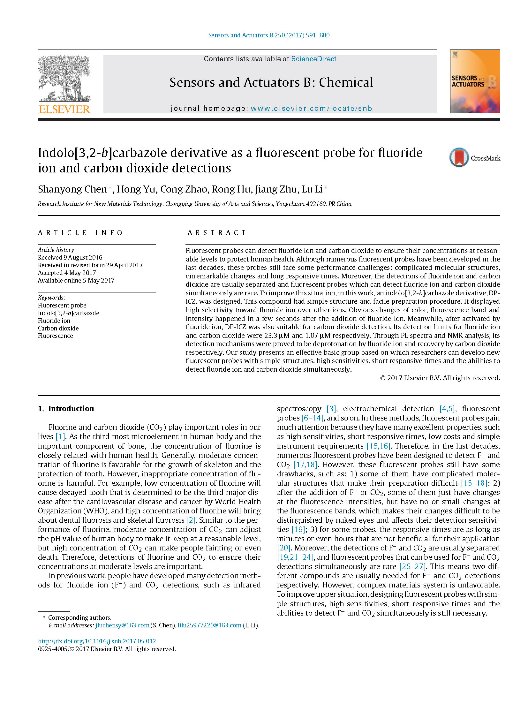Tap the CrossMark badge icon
459,157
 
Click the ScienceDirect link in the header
313,59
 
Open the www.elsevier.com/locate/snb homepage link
311,108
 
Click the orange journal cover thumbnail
475,81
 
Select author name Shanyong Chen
72,189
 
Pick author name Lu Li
312,189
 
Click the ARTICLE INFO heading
80,233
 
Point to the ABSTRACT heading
217,233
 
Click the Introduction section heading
71,409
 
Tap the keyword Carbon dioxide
58,328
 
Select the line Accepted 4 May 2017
67,273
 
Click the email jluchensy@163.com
122,625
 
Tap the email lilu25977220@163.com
209,625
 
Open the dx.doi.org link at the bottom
97,641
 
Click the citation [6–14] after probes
313,418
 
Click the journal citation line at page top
269,35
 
